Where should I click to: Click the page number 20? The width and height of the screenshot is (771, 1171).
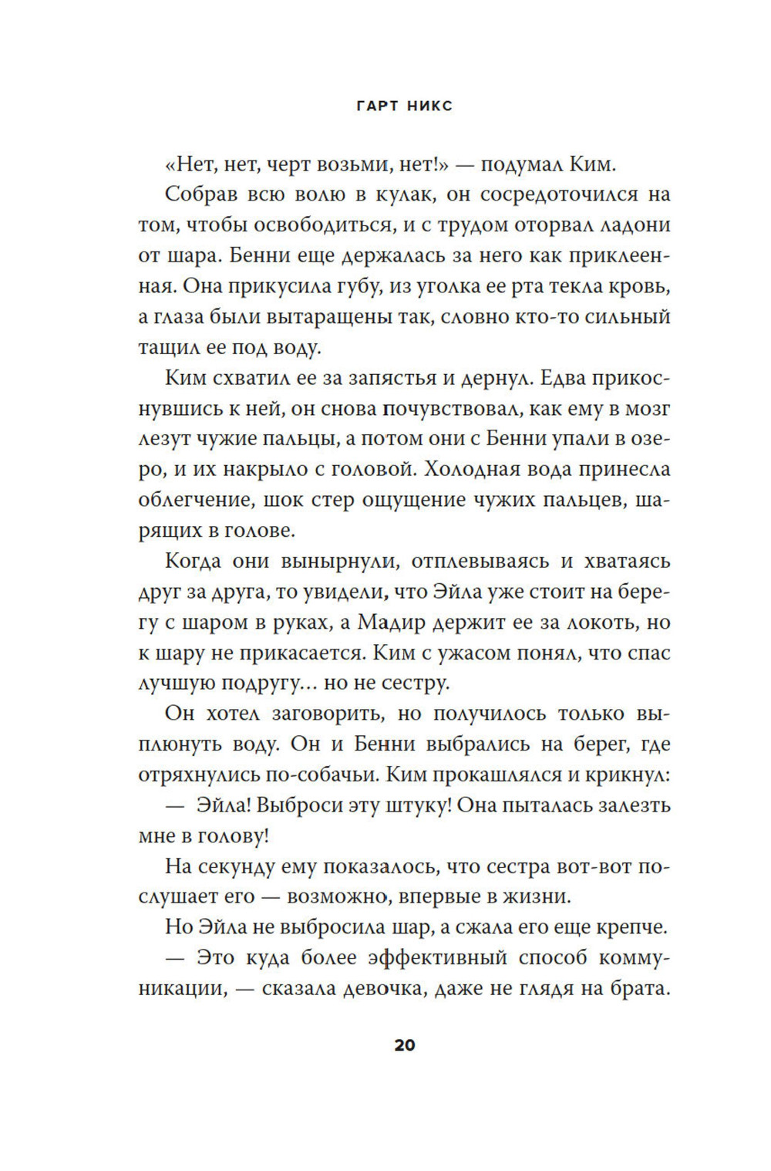point(405,1045)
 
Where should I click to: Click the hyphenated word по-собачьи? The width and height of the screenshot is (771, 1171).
point(316,774)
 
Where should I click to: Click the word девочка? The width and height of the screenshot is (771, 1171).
point(379,989)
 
